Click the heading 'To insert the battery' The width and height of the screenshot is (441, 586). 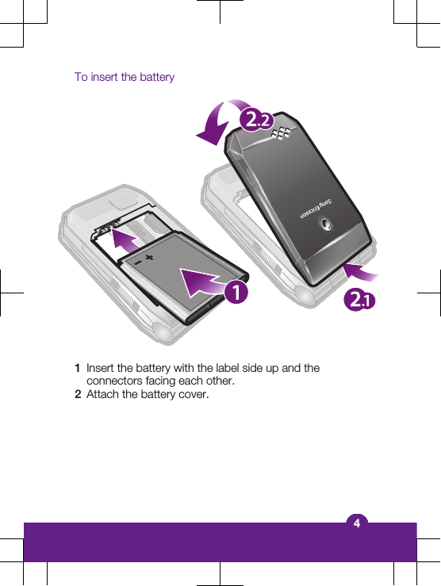125,77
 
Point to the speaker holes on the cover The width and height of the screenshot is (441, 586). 281,137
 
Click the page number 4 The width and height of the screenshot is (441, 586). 357,523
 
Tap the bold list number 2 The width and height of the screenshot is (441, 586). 77,394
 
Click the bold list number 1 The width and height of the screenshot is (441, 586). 77,369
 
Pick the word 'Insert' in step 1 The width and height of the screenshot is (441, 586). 100,369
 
